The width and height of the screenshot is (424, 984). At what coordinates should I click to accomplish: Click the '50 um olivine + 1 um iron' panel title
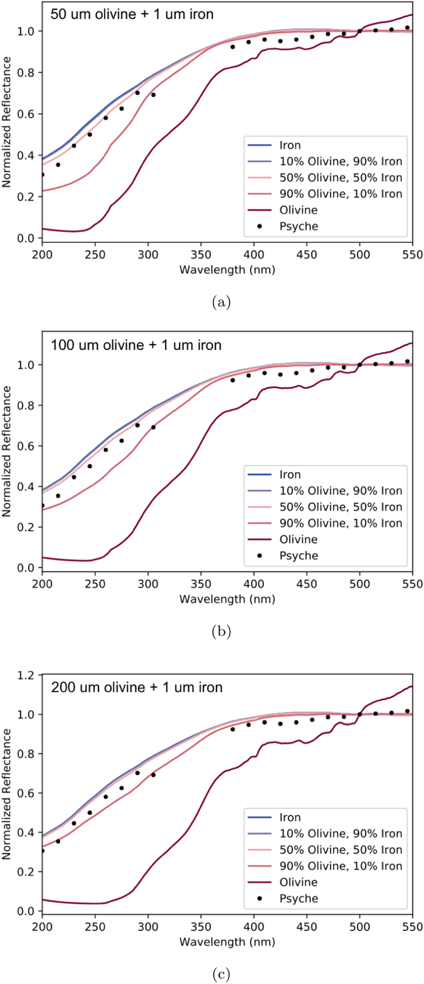(x=132, y=14)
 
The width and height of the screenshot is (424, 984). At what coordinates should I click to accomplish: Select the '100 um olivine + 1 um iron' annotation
(x=136, y=345)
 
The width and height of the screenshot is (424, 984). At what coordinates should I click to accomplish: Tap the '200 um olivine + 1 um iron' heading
(x=137, y=687)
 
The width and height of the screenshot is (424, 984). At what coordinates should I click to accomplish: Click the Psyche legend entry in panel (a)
(x=298, y=226)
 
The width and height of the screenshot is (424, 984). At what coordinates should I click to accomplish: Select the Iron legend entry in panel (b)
(x=290, y=474)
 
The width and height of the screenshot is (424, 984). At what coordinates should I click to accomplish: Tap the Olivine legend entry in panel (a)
(x=298, y=210)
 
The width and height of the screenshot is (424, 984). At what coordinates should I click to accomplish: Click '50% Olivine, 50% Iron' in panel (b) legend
(x=340, y=507)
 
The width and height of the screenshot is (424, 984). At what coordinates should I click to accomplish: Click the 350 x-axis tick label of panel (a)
(x=201, y=255)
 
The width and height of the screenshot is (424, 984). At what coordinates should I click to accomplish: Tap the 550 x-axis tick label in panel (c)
(x=413, y=927)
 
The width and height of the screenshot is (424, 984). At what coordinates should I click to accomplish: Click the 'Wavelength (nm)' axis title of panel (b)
(x=227, y=599)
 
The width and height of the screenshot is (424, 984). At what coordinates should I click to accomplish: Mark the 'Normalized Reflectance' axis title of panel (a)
(x=7, y=122)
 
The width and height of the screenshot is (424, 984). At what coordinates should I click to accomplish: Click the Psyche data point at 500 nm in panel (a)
(x=360, y=31)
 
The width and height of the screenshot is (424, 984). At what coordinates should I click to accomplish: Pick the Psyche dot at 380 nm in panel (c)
(x=232, y=729)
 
